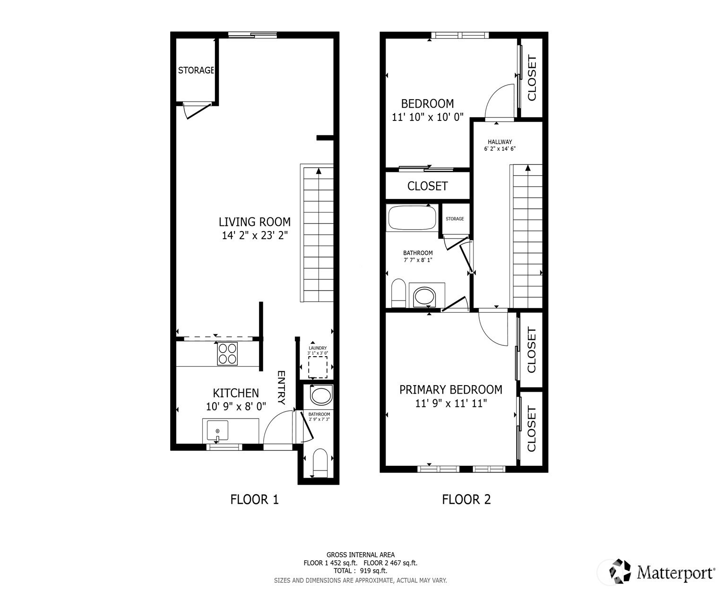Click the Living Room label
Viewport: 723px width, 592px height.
(254, 222)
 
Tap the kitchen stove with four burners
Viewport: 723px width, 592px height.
(227, 354)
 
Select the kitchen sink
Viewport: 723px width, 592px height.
(217, 430)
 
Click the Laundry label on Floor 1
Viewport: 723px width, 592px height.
(318, 348)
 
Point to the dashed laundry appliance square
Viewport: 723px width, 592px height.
(318, 367)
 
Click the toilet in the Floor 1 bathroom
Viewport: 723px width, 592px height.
(320, 463)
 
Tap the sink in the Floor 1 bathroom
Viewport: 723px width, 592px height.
(321, 395)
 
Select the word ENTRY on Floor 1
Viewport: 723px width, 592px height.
(281, 388)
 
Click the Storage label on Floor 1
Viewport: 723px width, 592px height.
(196, 70)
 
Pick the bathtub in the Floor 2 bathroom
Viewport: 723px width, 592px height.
(412, 218)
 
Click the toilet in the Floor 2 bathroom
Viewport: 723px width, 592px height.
(398, 293)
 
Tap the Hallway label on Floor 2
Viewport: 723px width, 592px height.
(500, 142)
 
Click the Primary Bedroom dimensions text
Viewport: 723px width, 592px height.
(451, 403)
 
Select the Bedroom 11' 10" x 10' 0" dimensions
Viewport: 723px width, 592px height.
(428, 117)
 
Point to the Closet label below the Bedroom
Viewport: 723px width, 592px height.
(428, 186)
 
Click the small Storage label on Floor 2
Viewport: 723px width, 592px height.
(455, 219)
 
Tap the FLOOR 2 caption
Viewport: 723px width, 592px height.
(466, 499)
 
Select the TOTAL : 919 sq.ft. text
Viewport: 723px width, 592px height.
(360, 571)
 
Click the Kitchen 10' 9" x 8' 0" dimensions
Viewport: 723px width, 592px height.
(236, 406)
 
